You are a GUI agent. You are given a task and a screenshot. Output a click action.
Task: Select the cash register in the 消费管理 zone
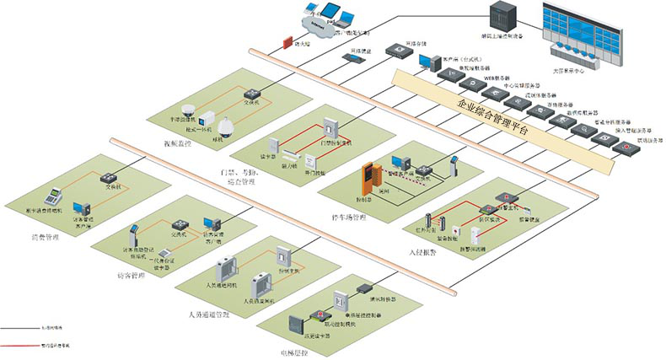point(52,196)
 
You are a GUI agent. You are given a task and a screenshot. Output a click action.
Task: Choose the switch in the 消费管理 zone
point(106,178)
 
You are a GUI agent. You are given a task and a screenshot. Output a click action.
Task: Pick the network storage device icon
point(397,50)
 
